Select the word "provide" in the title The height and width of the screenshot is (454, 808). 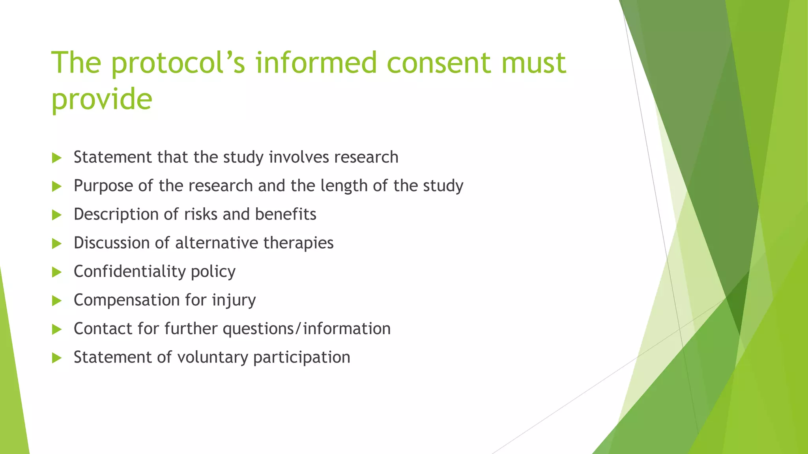[x=102, y=99]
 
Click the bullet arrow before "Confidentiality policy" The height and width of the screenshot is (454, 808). [x=57, y=272]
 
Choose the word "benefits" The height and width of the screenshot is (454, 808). [x=286, y=214]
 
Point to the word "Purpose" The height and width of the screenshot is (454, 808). [x=103, y=186]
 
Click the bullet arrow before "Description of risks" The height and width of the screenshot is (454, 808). [x=57, y=215]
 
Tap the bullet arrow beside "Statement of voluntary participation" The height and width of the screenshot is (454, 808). [x=57, y=358]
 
